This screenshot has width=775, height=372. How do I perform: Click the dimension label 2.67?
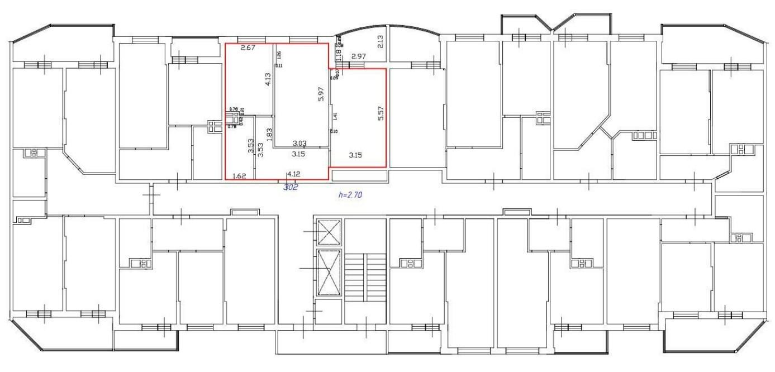click(x=248, y=48)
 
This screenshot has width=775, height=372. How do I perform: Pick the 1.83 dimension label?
click(x=269, y=135)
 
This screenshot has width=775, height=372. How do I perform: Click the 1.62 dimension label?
click(x=239, y=175)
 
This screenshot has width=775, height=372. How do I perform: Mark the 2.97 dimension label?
click(x=358, y=56)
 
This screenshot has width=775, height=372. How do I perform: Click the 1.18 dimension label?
click(x=337, y=55)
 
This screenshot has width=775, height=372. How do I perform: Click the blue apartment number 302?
click(x=291, y=188)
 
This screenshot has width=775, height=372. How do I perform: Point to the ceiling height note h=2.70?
click(x=350, y=195)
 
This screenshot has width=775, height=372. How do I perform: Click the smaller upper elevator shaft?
click(x=328, y=232)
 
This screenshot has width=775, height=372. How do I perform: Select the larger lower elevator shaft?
click(x=328, y=272)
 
